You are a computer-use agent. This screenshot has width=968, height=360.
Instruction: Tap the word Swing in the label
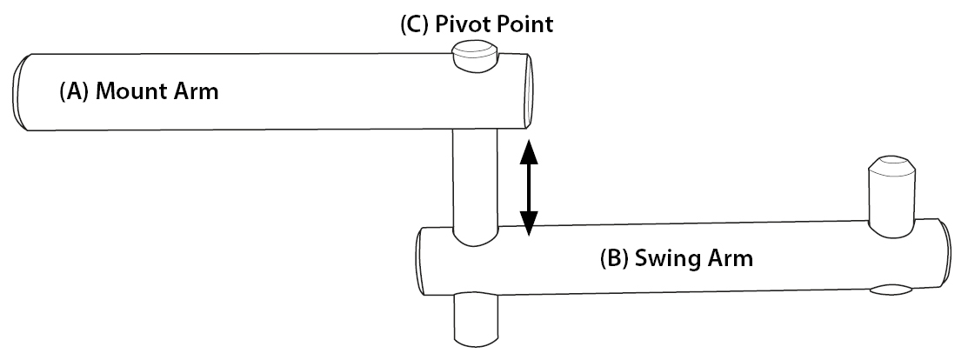(x=661, y=258)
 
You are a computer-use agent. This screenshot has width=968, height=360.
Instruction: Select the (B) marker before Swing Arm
(x=615, y=258)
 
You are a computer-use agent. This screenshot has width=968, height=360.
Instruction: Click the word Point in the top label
(x=525, y=24)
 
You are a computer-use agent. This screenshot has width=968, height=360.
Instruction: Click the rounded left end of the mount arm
(x=21, y=91)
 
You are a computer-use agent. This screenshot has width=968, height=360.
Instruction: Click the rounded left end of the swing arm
(x=419, y=261)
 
